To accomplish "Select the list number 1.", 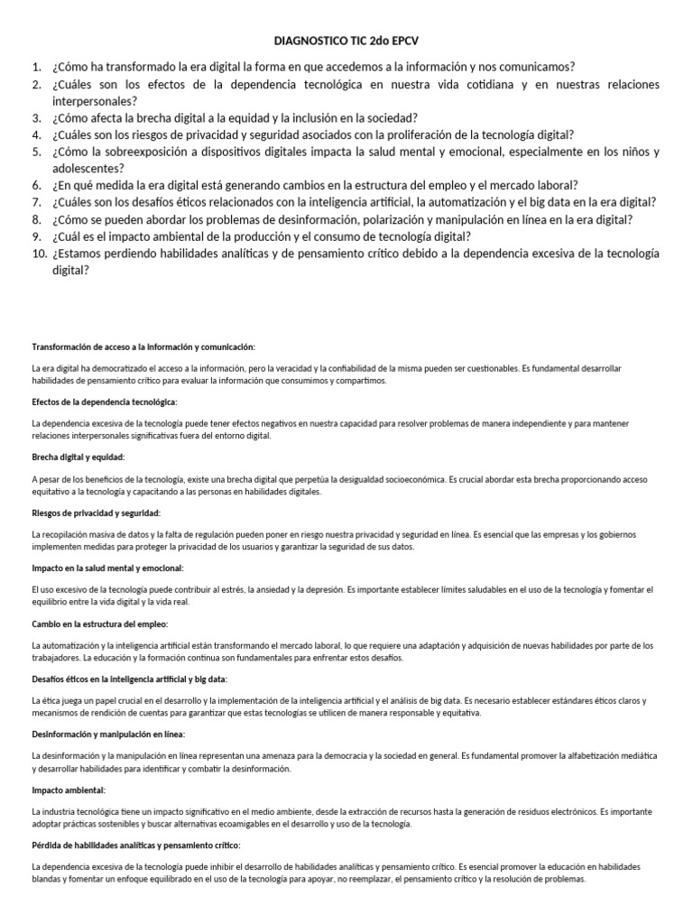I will click(x=36, y=67).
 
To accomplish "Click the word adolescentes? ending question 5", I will click(x=88, y=168).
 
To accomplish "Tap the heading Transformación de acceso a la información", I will click(x=143, y=346).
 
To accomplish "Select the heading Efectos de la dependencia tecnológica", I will click(x=105, y=401).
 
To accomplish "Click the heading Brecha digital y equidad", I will click(x=79, y=457).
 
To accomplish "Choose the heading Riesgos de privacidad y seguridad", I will click(x=96, y=513).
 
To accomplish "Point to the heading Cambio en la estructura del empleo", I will click(x=99, y=624).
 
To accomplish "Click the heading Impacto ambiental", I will click(x=65, y=790).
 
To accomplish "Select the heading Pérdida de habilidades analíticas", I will click(x=136, y=845).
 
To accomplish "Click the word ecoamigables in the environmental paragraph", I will click(x=261, y=824).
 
